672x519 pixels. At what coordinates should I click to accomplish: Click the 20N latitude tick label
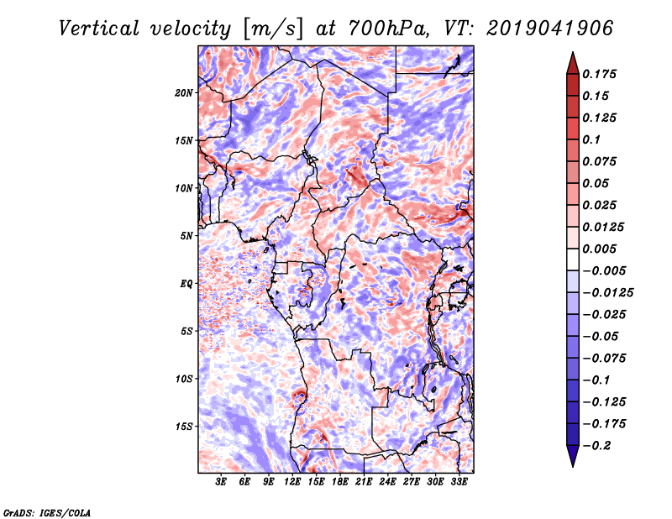tap(184, 92)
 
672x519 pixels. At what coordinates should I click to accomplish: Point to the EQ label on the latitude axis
tap(186, 284)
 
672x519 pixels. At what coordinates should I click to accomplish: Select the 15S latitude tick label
tap(184, 427)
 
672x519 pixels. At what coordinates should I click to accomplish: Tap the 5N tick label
tap(186, 236)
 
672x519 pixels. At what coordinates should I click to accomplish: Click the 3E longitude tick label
tap(222, 483)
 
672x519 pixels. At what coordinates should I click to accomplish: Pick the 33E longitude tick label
tap(459, 483)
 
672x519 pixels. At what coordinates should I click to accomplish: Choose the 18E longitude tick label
tap(340, 483)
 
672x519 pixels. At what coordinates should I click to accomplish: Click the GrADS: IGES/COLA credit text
tap(46, 511)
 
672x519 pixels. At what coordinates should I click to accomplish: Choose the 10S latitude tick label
tap(184, 379)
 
